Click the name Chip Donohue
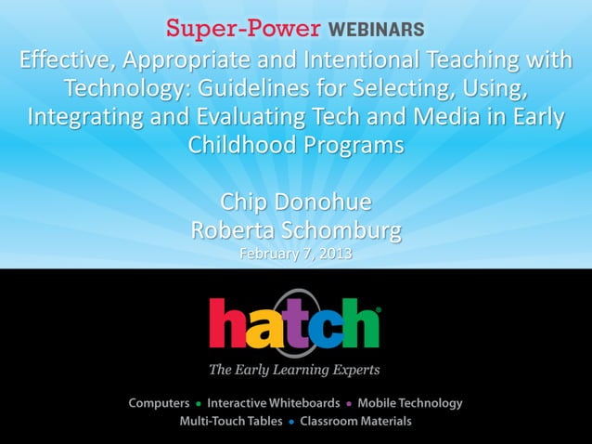point(295,202)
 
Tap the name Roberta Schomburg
point(295,229)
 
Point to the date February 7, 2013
point(295,254)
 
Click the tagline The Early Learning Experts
point(294,370)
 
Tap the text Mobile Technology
point(409,403)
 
